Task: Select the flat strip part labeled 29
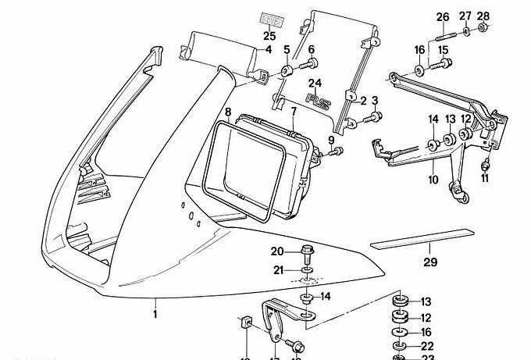tap(422, 237)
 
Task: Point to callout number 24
tap(315, 83)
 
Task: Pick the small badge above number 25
tap(269, 20)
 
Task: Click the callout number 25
tap(269, 35)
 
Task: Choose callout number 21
tap(278, 270)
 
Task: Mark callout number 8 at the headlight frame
tap(228, 112)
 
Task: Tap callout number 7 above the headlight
tap(294, 112)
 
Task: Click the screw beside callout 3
tap(376, 117)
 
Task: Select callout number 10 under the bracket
tap(434, 179)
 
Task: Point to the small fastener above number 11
tap(486, 164)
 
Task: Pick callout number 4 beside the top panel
tap(269, 50)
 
